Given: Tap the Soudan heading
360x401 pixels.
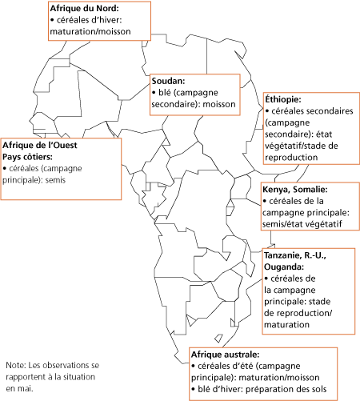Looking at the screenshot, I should (168, 81).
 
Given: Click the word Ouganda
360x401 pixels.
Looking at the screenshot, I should (284, 267).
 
